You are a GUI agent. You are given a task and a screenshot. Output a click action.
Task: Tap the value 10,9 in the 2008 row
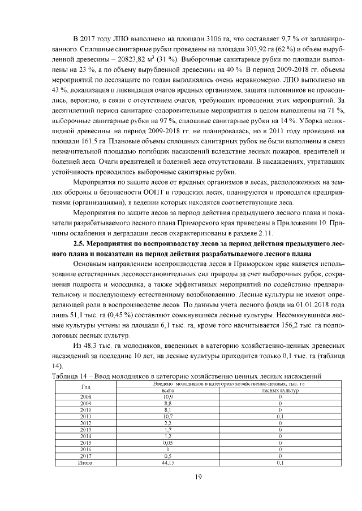(x=167, y=398)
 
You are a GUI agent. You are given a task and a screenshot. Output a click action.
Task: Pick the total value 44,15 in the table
(x=167, y=462)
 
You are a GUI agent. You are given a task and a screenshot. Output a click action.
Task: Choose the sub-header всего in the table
(x=167, y=390)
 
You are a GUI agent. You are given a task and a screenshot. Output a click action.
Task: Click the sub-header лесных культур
(x=280, y=390)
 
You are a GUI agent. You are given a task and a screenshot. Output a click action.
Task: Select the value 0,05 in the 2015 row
(x=167, y=444)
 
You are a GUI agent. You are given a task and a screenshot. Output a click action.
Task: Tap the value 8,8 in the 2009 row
(x=167, y=404)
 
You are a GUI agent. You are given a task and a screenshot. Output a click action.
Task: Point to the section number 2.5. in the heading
(x=83, y=243)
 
